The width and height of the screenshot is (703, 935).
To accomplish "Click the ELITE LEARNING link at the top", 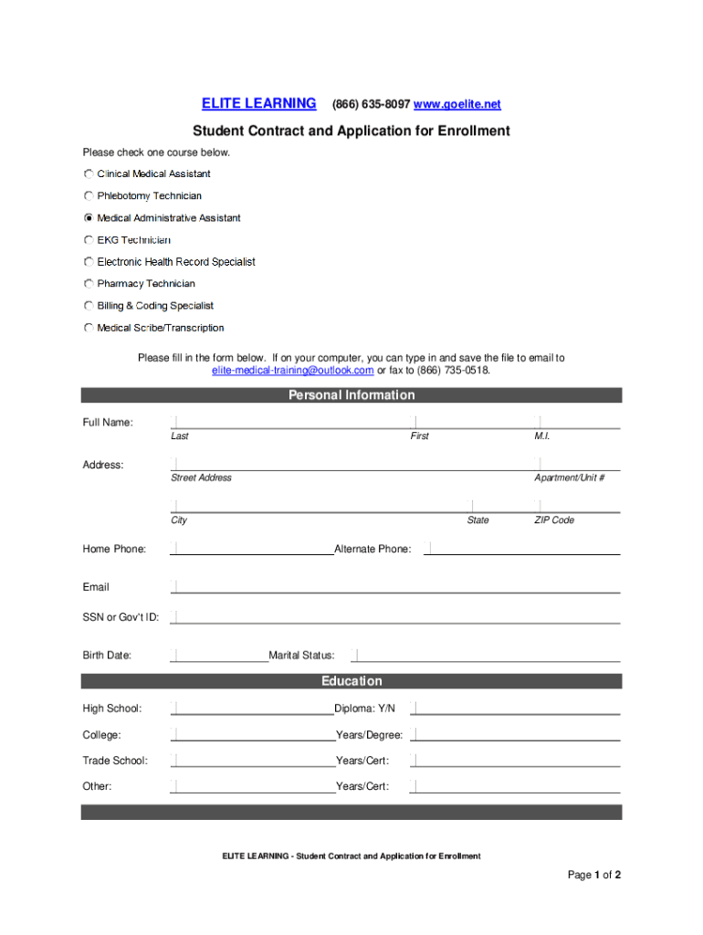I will coord(258,104).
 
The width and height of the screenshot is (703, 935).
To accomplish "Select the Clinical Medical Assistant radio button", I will coord(89,173).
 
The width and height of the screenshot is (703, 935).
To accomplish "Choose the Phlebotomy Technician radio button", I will coord(89,195).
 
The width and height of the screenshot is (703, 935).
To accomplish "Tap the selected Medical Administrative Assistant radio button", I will coord(89,218).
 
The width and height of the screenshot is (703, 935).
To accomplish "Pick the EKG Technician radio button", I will coord(89,240).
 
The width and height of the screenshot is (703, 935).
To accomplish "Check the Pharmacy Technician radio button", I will coord(89,284).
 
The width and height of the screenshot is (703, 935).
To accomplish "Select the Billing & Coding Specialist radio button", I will coord(89,306).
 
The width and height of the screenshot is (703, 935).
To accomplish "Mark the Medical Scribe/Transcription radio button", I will coord(89,328).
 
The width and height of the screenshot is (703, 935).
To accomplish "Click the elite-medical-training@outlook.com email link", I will coord(292,371).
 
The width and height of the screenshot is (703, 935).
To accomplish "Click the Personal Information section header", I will coord(351,395).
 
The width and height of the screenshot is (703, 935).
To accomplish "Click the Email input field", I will coord(395,586).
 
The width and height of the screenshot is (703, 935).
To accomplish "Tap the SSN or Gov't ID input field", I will coord(395,616).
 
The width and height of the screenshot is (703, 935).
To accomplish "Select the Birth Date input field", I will coord(220,654).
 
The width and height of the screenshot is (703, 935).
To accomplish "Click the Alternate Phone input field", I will coord(522,548).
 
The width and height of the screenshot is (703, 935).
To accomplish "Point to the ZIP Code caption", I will coord(554,520).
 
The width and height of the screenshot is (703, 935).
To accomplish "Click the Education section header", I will coord(351,681).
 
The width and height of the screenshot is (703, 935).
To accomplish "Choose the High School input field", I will coord(253,708).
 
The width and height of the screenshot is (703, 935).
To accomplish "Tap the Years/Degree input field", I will coord(516,734).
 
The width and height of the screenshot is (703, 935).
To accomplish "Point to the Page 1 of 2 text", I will coord(594,876).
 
